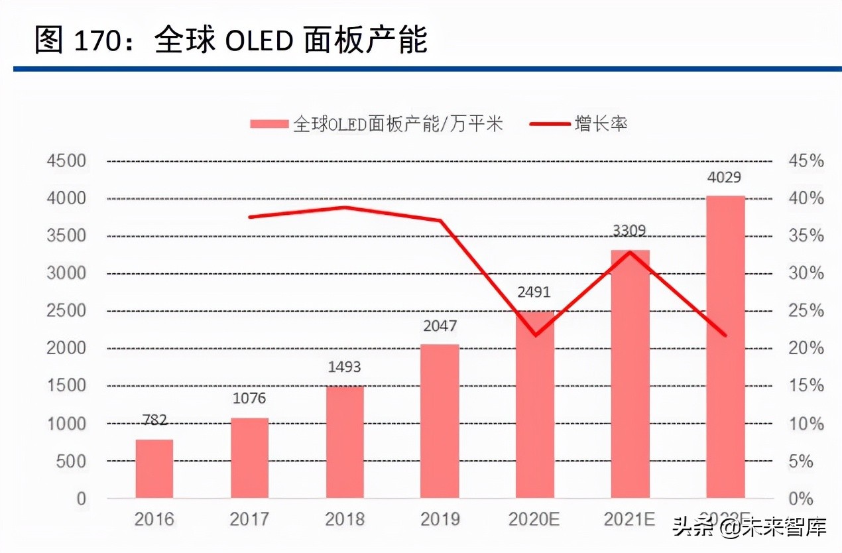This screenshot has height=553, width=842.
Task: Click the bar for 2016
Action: coord(154,469)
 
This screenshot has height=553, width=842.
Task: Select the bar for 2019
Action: coord(440,421)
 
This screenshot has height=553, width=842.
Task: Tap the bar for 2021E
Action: coord(631,374)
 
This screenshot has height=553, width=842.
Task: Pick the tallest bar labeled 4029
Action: coord(725,347)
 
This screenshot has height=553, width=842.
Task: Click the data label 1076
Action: coord(249,399)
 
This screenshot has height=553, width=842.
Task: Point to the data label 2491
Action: coord(534,292)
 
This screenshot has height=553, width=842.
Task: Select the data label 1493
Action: coord(345,367)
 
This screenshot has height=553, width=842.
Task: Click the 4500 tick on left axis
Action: coord(66,161)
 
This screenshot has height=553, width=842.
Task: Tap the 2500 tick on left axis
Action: coord(66,311)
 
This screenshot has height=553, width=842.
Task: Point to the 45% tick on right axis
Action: coord(805,161)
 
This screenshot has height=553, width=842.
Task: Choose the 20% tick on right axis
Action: coord(805,349)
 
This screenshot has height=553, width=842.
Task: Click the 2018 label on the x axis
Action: coord(345,519)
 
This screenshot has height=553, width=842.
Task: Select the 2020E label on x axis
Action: coord(534,519)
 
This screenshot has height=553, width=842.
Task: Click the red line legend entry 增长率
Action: coord(601,123)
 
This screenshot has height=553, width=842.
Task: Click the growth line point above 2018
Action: coord(345,208)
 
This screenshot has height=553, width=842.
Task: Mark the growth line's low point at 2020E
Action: coord(535,335)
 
